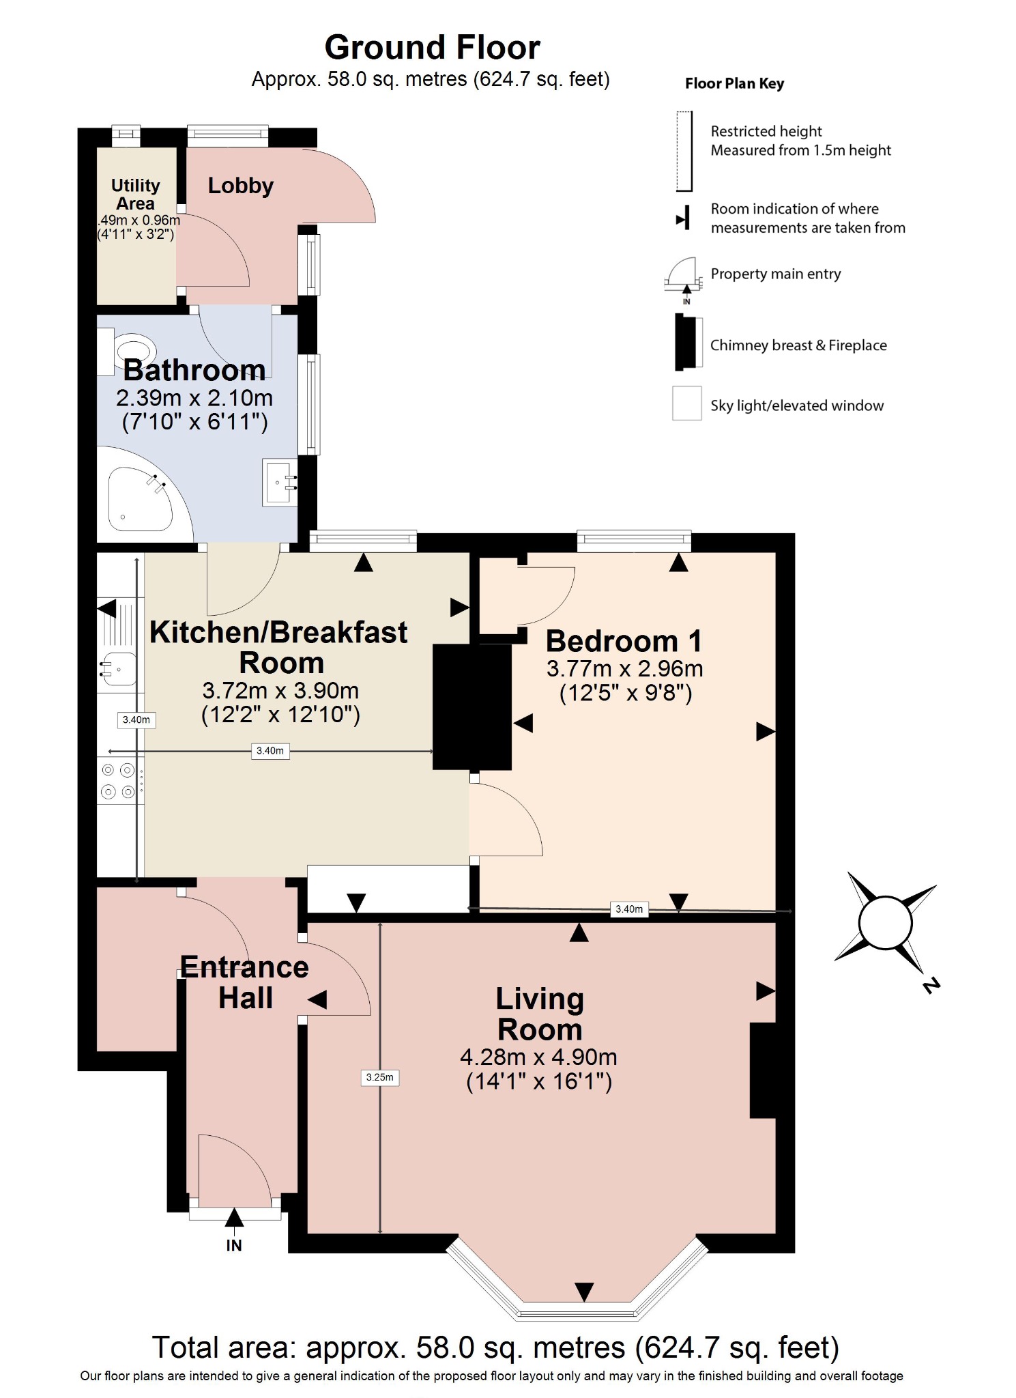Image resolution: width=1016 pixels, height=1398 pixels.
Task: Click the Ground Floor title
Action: point(432,48)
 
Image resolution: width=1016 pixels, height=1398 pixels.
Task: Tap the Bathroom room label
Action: point(194,370)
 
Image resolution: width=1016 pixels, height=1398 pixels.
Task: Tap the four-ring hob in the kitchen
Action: point(119,781)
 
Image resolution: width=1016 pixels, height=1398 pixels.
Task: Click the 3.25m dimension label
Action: point(379,1077)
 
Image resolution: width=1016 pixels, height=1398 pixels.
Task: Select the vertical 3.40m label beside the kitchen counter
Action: point(136,719)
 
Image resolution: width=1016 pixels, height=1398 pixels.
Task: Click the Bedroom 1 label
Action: point(624,642)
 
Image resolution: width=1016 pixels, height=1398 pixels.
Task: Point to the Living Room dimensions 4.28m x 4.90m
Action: point(538,1057)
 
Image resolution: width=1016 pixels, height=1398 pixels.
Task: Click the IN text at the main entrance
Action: point(234,1245)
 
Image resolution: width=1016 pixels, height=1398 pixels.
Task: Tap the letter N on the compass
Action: point(931,985)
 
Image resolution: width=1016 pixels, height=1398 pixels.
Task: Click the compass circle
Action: point(885,922)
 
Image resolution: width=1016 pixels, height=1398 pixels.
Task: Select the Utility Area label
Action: point(136,195)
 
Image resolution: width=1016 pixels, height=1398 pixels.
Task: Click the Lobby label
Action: point(240,186)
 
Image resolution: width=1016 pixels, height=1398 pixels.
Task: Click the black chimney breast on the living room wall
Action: point(763,1070)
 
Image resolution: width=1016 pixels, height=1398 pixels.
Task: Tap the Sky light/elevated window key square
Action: point(686,403)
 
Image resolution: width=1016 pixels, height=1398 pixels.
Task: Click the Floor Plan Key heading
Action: point(734,83)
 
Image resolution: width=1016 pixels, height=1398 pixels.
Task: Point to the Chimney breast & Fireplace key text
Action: point(798,345)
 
